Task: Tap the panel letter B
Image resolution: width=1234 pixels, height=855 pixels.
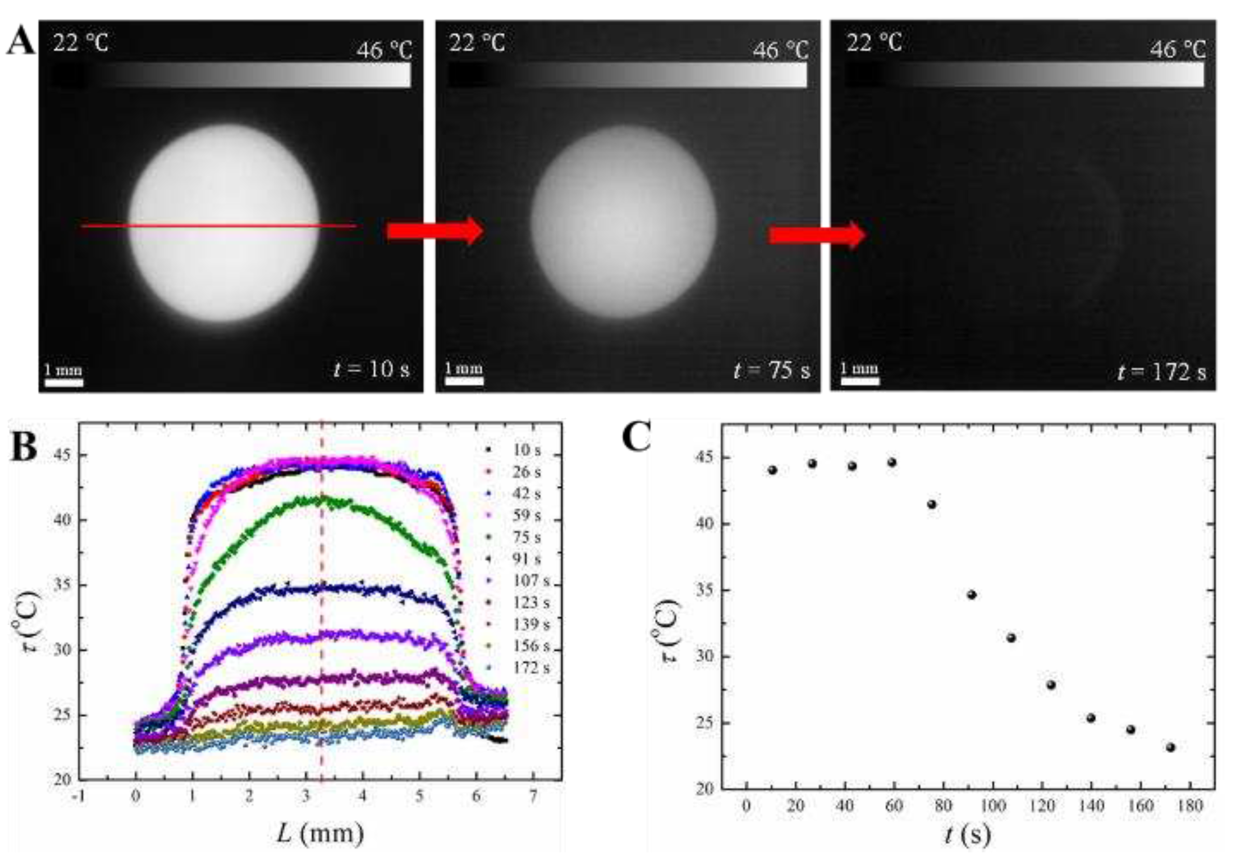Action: (x=25, y=447)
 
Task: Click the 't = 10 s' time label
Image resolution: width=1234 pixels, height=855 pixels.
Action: (x=371, y=369)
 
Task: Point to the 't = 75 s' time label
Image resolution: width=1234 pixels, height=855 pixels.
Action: (x=772, y=370)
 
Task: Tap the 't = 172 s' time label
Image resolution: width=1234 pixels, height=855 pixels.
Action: (x=1162, y=371)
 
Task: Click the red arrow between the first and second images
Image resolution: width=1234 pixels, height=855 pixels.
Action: (x=435, y=231)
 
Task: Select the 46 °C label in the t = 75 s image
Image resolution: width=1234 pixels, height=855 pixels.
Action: (x=780, y=51)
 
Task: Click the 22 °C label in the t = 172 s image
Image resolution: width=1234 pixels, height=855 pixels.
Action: (x=874, y=42)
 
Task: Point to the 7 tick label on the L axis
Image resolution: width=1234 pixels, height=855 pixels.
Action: (x=533, y=796)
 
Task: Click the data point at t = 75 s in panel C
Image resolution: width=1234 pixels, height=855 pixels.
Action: (x=931, y=504)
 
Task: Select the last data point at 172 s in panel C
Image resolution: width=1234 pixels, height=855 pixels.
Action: (x=1170, y=747)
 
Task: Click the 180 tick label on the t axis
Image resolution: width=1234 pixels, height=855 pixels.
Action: (x=1190, y=805)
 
